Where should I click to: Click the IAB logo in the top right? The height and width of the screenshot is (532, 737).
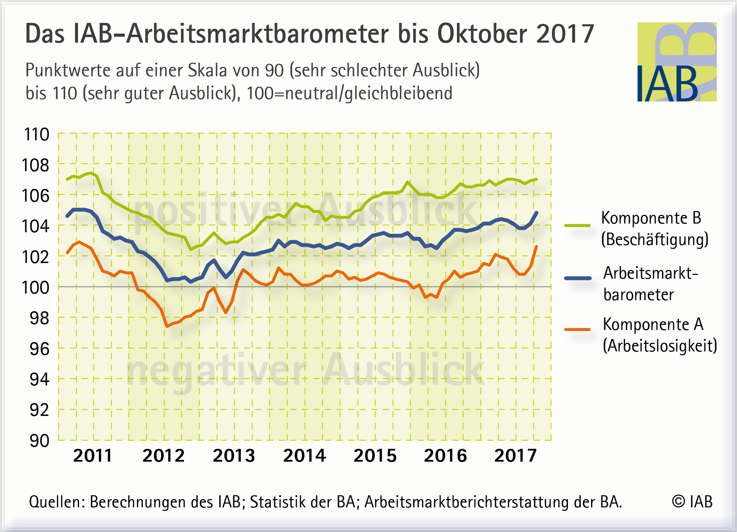(x=677, y=62)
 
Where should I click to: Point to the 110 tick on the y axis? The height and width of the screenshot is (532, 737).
(x=36, y=134)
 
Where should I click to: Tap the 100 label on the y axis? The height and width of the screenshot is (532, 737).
(x=35, y=288)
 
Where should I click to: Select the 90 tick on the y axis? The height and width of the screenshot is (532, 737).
(x=39, y=441)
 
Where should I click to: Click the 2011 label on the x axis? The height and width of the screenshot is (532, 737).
(x=93, y=455)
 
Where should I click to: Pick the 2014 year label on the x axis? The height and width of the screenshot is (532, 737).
(x=304, y=455)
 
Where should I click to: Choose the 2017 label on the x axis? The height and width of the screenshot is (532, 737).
(x=515, y=455)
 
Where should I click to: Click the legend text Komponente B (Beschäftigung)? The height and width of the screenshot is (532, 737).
(x=654, y=229)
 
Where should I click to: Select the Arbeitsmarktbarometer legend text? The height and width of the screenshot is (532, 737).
(x=650, y=284)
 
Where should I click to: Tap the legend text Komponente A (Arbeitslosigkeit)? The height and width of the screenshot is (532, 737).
(x=659, y=335)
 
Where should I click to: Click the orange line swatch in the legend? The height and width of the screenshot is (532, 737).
(x=577, y=330)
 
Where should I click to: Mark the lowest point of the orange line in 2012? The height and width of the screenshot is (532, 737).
(x=167, y=326)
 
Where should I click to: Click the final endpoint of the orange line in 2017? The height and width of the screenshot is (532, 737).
(x=537, y=246)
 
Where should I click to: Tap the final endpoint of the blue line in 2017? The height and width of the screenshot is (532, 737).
(x=537, y=212)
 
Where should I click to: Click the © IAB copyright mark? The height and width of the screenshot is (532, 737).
(x=692, y=502)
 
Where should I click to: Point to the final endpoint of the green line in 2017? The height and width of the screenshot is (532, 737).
(x=537, y=179)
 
